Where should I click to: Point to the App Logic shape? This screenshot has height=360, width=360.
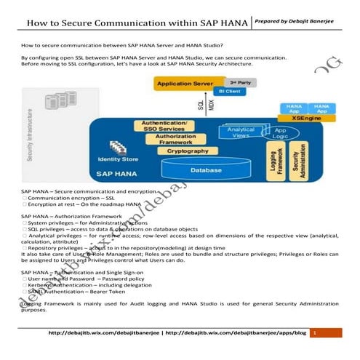pyautogui.click(x=280, y=134)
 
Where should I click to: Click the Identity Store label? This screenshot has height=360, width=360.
pyautogui.click(x=118, y=159)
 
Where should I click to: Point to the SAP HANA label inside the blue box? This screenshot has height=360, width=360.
pyautogui.click(x=116, y=175)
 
